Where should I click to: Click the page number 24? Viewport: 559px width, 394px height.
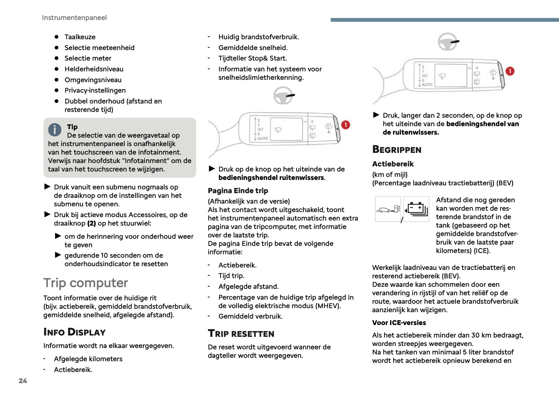click(23, 381)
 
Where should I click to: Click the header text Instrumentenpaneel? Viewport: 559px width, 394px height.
click(74, 18)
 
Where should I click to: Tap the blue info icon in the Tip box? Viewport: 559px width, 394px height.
click(55, 129)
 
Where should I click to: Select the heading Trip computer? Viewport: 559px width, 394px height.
click(86, 283)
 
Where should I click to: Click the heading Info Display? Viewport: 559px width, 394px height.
click(74, 332)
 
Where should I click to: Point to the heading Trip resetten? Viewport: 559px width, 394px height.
click(241, 334)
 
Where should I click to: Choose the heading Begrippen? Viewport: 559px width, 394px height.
click(397, 149)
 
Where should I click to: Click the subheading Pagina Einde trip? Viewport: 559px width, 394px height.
click(238, 191)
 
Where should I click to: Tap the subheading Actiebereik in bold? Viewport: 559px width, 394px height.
click(393, 164)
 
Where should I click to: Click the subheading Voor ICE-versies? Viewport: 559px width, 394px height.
click(399, 323)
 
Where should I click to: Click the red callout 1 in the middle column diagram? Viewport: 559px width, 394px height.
click(345, 125)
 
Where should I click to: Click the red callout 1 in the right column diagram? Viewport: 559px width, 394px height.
click(510, 71)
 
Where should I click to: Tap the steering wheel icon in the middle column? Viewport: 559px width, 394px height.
click(283, 95)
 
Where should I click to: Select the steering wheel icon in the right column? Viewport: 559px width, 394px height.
click(448, 42)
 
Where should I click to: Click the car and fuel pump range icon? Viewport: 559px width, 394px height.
click(388, 209)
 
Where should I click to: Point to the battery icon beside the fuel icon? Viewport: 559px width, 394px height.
click(417, 209)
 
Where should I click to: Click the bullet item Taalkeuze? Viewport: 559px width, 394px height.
click(80, 37)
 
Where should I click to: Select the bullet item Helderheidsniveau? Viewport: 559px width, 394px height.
click(94, 69)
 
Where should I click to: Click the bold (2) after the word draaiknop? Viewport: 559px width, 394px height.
click(91, 223)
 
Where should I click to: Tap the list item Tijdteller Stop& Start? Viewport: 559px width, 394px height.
click(252, 58)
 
